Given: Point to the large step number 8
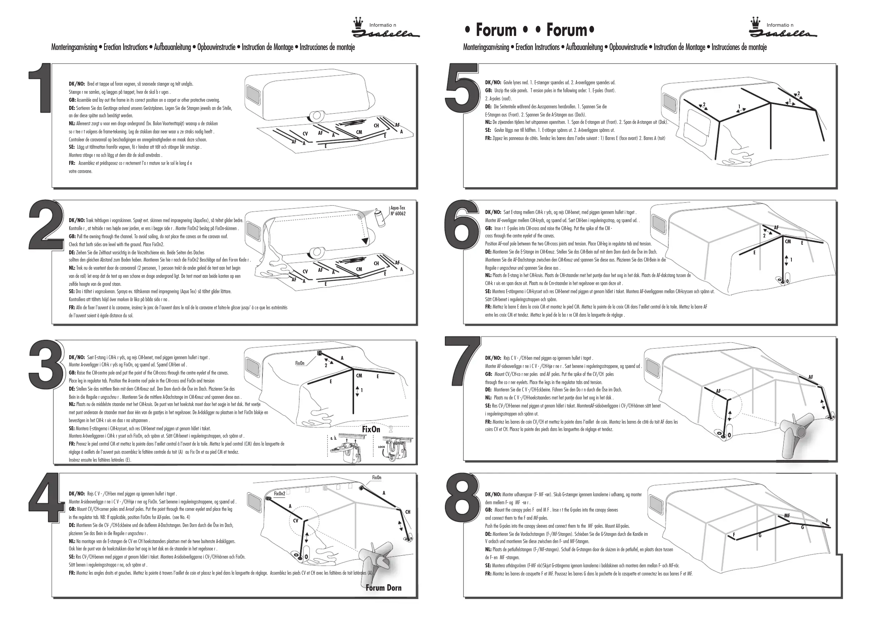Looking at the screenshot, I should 462,499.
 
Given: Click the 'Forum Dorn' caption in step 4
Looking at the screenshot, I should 383,588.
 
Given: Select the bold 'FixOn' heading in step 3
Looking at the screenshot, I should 371,429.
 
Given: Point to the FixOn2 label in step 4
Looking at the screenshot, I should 280,494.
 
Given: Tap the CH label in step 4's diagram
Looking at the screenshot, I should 408,512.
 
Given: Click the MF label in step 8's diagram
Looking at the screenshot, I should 787,516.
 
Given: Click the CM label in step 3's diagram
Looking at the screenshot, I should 359,376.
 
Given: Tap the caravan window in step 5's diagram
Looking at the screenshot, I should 668,101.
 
